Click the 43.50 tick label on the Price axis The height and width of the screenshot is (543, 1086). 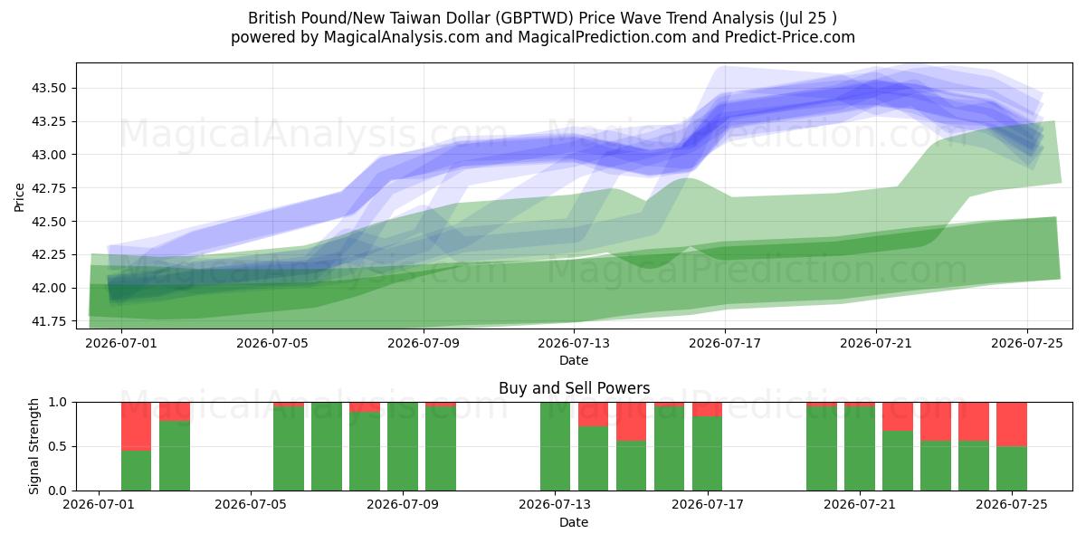(48, 89)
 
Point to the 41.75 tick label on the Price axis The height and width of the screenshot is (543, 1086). (48, 321)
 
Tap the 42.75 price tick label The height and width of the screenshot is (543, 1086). (48, 188)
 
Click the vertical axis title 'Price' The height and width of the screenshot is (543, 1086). (19, 197)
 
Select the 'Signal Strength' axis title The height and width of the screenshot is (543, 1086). (33, 446)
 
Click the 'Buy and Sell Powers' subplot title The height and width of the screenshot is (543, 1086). (574, 388)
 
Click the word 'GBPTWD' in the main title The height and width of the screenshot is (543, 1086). (535, 18)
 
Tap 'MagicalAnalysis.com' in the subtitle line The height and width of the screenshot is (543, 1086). (402, 37)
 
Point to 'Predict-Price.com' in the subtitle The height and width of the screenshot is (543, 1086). (790, 37)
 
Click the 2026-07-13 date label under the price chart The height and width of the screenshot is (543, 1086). (574, 344)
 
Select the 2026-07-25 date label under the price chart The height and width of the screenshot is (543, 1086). (1027, 344)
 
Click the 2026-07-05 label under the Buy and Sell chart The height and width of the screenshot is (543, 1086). (251, 505)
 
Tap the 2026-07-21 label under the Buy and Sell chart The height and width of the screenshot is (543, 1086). (860, 505)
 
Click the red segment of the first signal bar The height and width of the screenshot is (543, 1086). (137, 426)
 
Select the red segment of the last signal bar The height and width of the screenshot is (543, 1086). (1012, 424)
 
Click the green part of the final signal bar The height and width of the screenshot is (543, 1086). (1012, 469)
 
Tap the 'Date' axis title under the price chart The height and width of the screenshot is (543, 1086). (574, 361)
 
